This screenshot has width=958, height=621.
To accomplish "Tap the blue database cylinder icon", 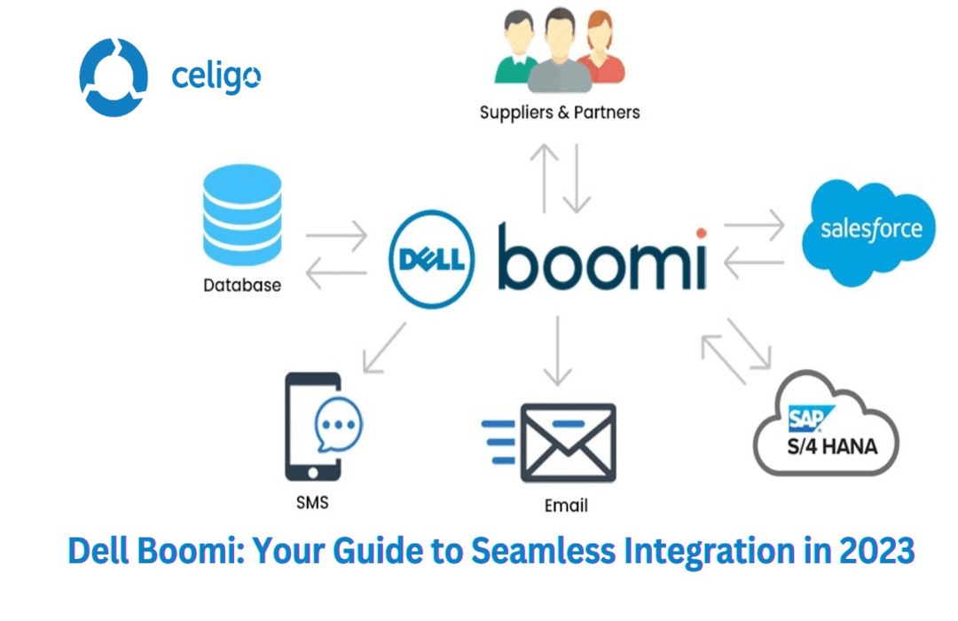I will pyautogui.click(x=241, y=216).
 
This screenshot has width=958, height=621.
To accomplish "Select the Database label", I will pyautogui.click(x=242, y=286).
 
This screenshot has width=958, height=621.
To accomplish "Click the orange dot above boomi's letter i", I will pyautogui.click(x=702, y=233).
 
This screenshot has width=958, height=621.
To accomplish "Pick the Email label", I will pyautogui.click(x=566, y=506).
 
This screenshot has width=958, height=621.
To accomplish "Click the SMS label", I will pyautogui.click(x=311, y=502).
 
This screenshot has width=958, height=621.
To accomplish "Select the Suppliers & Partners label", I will pyautogui.click(x=559, y=113).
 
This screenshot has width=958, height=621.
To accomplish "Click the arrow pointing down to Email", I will pyautogui.click(x=557, y=350).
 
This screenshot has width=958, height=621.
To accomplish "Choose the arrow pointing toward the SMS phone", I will pyautogui.click(x=383, y=347).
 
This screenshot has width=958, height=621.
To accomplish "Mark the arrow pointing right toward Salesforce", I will pyautogui.click(x=754, y=226).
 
